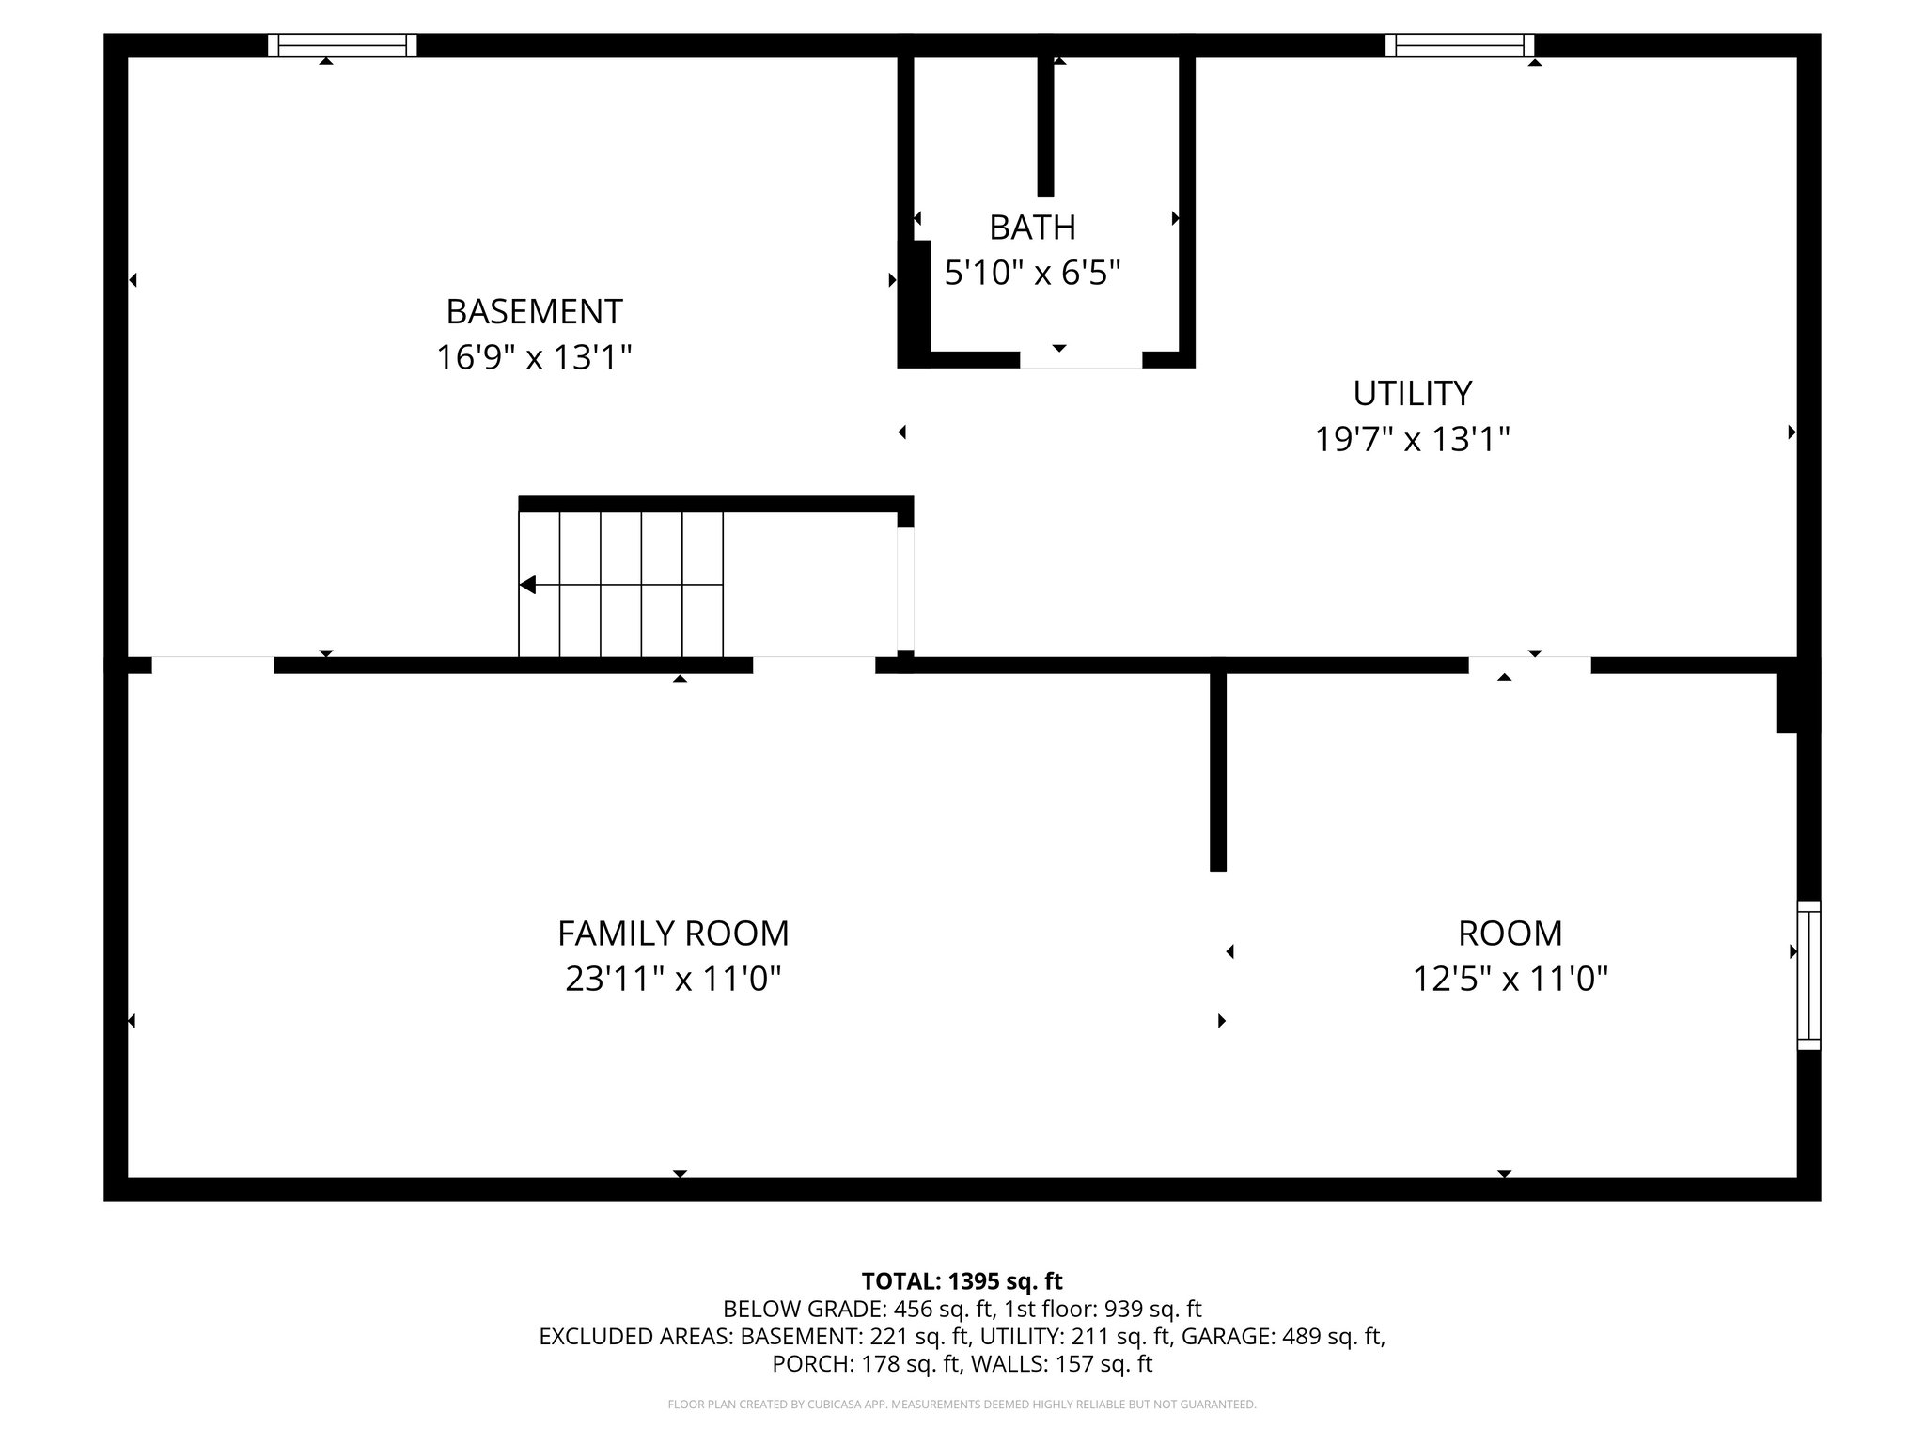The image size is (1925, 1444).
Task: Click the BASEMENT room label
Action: (x=534, y=311)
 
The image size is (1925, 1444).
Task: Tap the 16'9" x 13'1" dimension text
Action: (x=534, y=358)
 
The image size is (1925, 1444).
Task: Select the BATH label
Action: (x=1032, y=228)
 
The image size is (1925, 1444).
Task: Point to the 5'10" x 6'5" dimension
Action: (x=1032, y=274)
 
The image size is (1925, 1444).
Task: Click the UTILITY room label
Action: (x=1412, y=393)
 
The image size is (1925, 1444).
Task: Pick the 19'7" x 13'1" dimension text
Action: (x=1412, y=439)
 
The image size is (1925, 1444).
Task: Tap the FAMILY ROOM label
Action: (x=673, y=934)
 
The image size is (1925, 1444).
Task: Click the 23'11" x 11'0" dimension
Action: (x=673, y=980)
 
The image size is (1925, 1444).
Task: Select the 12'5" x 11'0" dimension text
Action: (x=1510, y=980)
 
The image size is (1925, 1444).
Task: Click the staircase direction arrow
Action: (x=528, y=585)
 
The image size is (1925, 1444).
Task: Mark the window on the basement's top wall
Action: (x=342, y=45)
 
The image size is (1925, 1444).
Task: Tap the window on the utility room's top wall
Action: (x=1459, y=45)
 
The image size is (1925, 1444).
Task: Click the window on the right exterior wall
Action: (x=1808, y=975)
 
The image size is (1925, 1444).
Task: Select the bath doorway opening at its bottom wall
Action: (x=1081, y=360)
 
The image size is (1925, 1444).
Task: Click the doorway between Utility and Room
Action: (x=1529, y=666)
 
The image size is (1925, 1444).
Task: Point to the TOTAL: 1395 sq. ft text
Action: (x=962, y=1281)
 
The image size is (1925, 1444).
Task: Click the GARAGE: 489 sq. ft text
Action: (x=1282, y=1337)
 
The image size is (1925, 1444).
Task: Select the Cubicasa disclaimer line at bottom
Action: (x=962, y=1405)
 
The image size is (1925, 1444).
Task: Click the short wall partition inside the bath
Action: (x=1045, y=126)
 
